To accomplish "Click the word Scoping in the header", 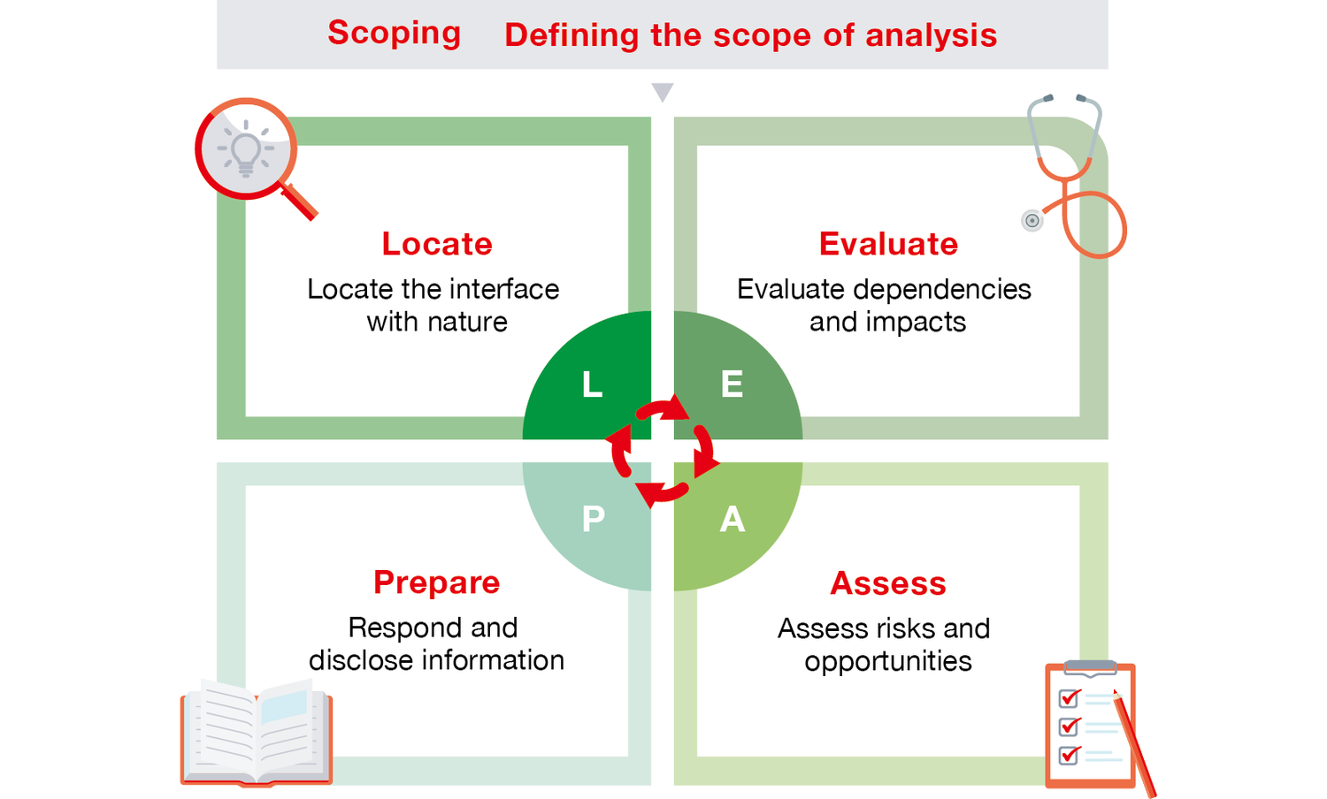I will [394, 33].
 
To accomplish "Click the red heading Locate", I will [437, 244].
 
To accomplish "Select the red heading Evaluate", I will [888, 244].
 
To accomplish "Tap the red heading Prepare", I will [436, 582].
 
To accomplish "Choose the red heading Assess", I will [888, 583].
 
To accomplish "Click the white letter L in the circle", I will [592, 384].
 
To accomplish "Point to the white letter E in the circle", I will [732, 384].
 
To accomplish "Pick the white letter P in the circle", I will [594, 519].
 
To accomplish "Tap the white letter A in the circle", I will [732, 520].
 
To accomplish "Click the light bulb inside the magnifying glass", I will [246, 148].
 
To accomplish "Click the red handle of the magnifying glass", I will [300, 202].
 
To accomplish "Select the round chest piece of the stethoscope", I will [1032, 221].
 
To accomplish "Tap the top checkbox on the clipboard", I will [1069, 698].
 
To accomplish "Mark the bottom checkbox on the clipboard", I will [1069, 755].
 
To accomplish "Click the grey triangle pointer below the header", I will [663, 92].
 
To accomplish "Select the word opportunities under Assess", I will [888, 661].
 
